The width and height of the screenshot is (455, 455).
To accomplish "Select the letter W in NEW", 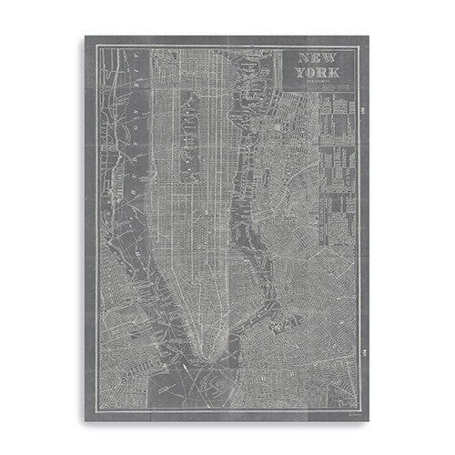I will click(332, 58).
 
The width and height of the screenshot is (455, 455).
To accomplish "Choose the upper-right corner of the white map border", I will click(359, 46).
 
